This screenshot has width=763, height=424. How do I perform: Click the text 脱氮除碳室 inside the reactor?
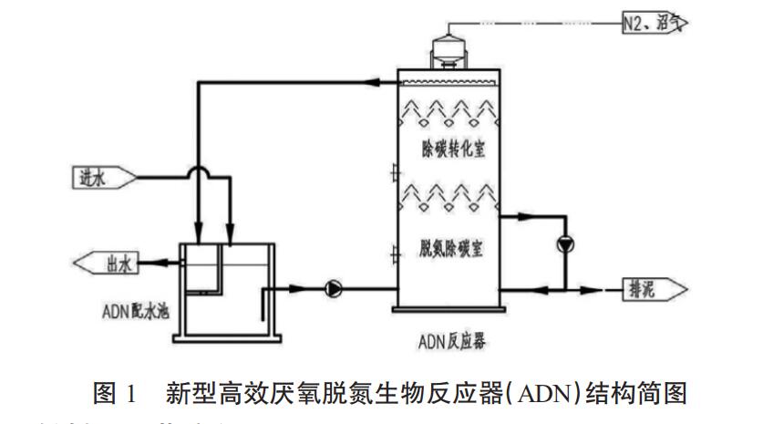(452, 248)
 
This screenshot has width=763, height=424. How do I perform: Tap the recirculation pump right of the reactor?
(566, 243)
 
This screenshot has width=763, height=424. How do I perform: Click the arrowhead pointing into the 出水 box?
(147, 264)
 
